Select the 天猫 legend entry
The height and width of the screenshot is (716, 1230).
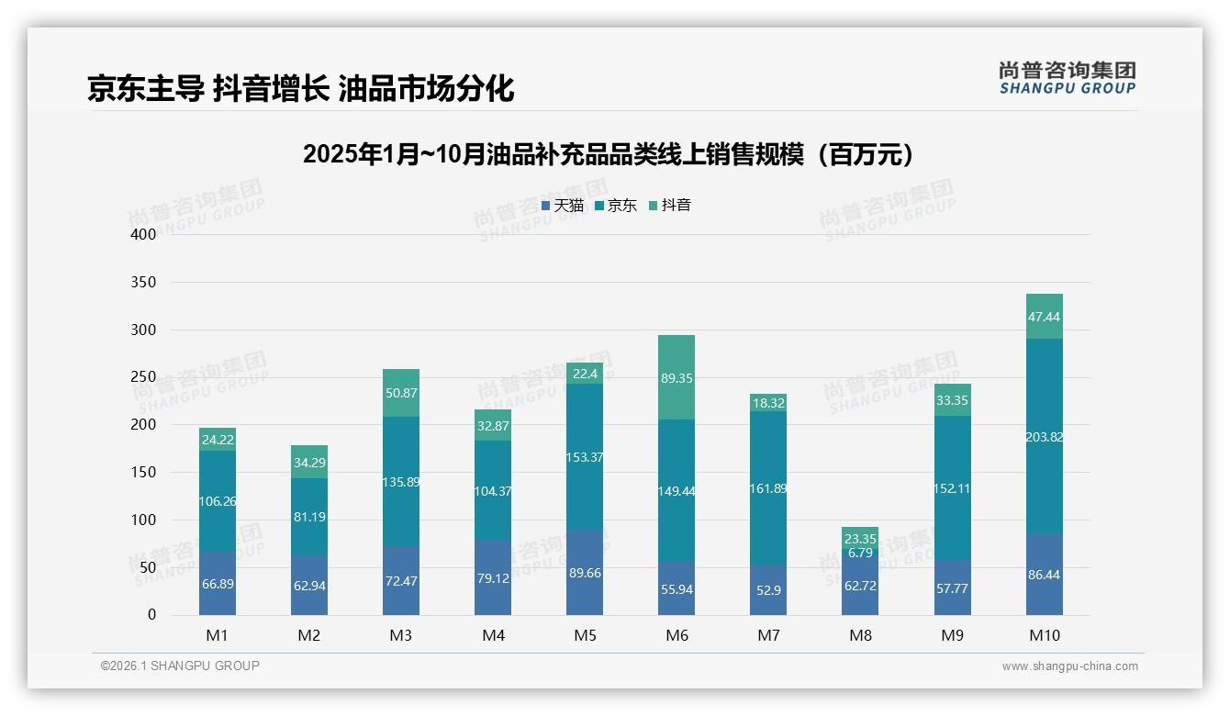(x=562, y=206)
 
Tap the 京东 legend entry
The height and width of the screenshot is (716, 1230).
(x=615, y=206)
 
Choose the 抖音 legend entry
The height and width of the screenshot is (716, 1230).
(x=669, y=206)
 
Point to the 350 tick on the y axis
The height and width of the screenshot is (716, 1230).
(x=144, y=282)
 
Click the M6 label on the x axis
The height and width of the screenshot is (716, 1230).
(x=676, y=635)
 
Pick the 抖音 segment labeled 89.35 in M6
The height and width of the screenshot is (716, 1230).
(x=676, y=377)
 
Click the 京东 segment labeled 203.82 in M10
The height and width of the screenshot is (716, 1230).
(x=1044, y=436)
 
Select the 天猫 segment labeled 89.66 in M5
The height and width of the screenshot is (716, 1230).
(x=585, y=573)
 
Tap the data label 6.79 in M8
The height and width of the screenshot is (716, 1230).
(x=860, y=553)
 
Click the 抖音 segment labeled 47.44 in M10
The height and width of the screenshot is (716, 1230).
(x=1044, y=317)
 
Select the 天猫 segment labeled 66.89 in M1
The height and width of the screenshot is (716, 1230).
(x=218, y=584)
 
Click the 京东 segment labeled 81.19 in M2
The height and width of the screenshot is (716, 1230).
(x=309, y=517)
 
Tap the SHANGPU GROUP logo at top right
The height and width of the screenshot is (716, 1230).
(x=1067, y=77)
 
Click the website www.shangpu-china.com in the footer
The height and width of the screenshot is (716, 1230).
(x=1069, y=666)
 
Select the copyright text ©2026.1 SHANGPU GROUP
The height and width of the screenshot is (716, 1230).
(x=180, y=666)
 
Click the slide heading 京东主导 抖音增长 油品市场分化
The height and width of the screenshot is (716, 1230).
(x=300, y=88)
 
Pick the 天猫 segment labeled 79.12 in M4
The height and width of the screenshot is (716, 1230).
(x=493, y=577)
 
